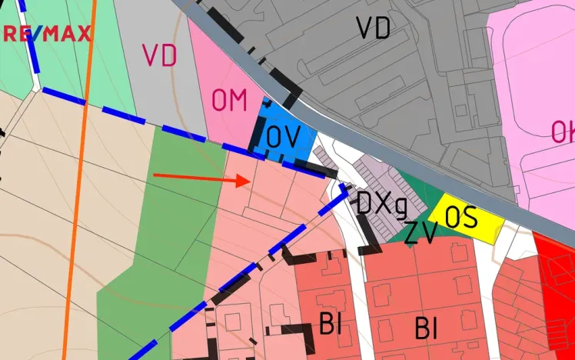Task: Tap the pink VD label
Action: click(x=159, y=55)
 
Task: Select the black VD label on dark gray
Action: click(x=374, y=28)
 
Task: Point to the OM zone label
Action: click(x=229, y=100)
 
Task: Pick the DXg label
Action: click(x=381, y=204)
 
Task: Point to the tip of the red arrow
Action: click(x=248, y=181)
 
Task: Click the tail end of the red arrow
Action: click(x=155, y=175)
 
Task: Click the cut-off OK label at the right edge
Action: click(x=563, y=132)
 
